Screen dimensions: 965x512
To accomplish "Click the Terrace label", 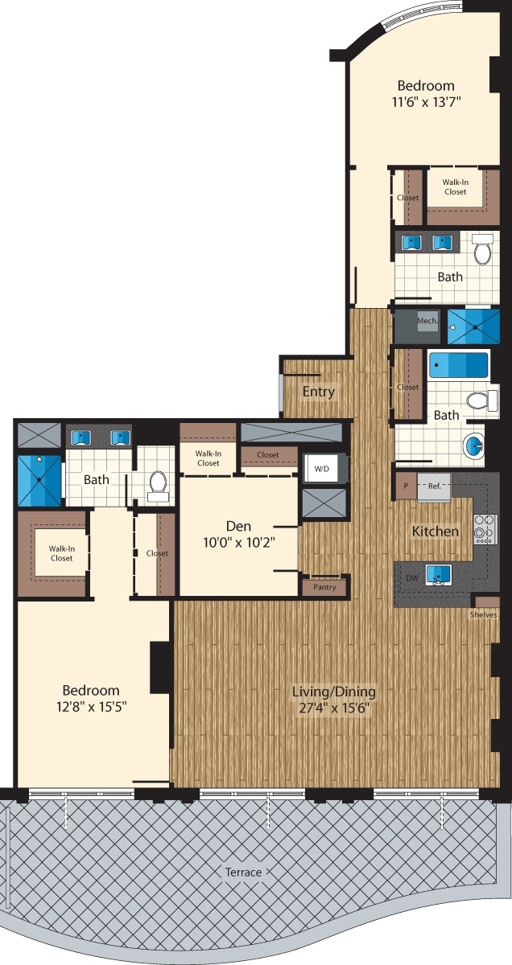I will [243, 873].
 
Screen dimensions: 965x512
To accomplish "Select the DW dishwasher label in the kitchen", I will [412, 577].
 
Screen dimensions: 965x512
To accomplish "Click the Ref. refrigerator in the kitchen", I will [434, 486].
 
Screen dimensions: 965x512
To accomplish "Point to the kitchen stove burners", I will [485, 529].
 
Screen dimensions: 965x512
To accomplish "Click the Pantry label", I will [324, 588].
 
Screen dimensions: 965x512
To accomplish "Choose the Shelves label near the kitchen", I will [485, 614].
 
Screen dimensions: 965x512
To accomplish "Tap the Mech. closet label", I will [427, 321].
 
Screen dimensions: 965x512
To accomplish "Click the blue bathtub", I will [459, 365].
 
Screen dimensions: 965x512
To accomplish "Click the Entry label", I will [318, 392].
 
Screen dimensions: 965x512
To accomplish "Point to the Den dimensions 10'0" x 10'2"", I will [238, 542].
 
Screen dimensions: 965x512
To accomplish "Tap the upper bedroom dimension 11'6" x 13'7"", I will [426, 102].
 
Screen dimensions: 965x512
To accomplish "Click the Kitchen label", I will [436, 532].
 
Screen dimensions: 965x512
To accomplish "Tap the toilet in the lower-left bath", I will [158, 485].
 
